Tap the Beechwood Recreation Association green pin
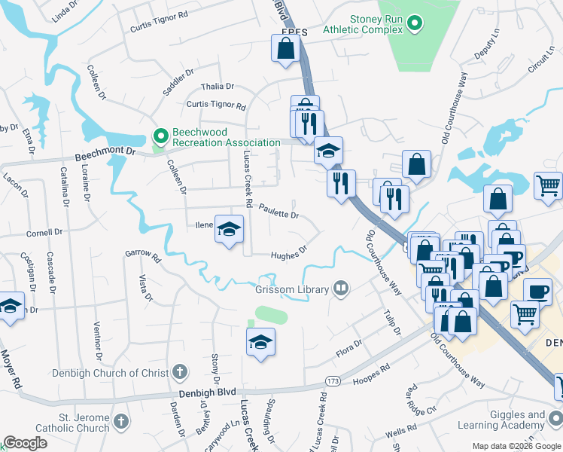[x=160, y=136]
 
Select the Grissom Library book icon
[x=342, y=289]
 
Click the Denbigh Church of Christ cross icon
[x=179, y=371]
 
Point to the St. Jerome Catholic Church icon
[x=122, y=420]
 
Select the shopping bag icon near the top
[x=285, y=49]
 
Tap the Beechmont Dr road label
[x=105, y=154]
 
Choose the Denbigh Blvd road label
[x=208, y=391]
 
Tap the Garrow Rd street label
[x=143, y=255]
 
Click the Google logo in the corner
[x=25, y=442]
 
